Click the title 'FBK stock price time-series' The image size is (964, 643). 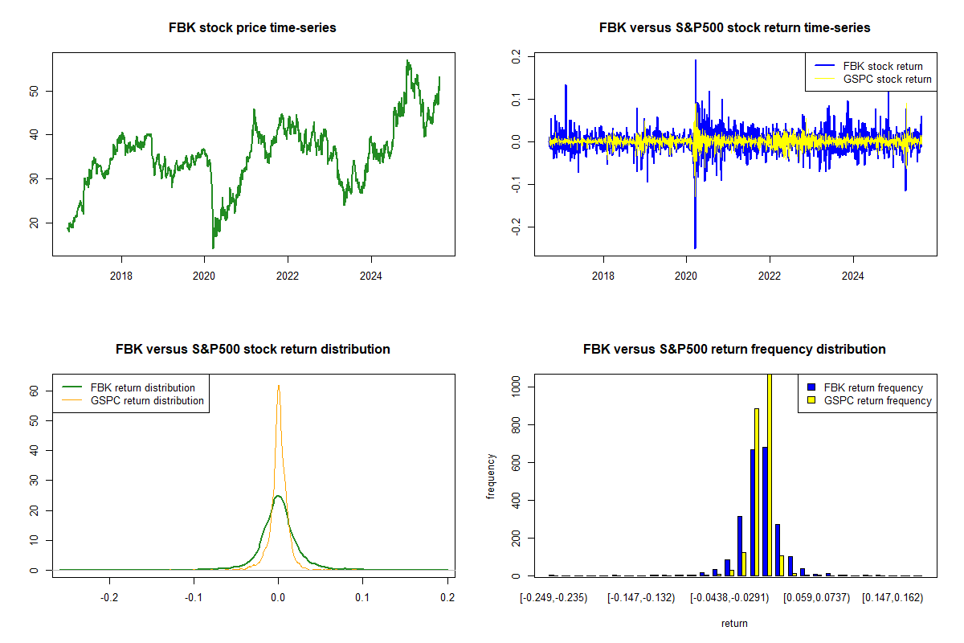252,28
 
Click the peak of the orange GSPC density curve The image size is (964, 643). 278,386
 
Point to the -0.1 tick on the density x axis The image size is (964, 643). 194,598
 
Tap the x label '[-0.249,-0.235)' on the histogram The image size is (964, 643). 553,598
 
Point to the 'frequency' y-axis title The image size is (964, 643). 492,476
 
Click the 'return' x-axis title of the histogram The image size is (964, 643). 734,623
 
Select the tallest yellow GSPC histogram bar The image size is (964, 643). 769,474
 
